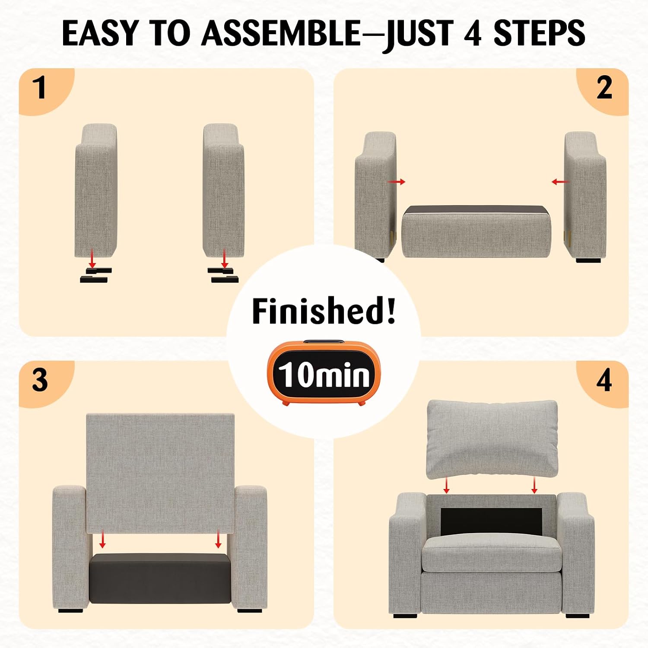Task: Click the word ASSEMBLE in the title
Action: (x=281, y=33)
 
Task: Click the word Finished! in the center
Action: (x=324, y=311)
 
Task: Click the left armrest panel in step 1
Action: (x=96, y=191)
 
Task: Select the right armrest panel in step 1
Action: (x=223, y=191)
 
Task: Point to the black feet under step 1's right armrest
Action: (x=223, y=275)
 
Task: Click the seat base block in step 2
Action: (x=476, y=232)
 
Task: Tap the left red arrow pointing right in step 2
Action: (x=397, y=182)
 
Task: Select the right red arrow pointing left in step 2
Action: (x=560, y=182)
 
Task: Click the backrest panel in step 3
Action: (x=160, y=473)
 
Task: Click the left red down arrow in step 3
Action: (x=102, y=540)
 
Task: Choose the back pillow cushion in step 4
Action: (x=492, y=439)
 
